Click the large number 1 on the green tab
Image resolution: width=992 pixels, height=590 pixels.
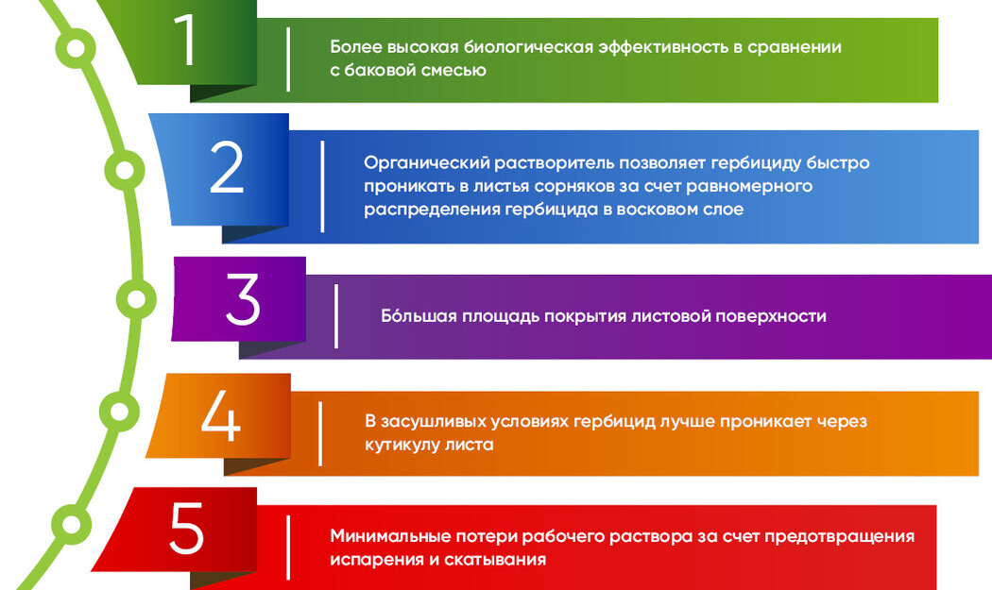click(x=184, y=40)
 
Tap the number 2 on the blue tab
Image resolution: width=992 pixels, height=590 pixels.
click(x=227, y=167)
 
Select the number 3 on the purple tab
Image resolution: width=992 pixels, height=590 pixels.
click(x=243, y=299)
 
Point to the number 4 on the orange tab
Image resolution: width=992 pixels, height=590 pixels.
click(x=221, y=414)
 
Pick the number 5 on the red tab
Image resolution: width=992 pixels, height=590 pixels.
click(x=186, y=529)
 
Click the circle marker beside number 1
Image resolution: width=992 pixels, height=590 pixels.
click(x=76, y=48)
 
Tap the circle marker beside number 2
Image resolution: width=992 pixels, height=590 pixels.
click(x=125, y=170)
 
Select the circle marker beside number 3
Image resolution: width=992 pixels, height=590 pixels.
click(x=136, y=298)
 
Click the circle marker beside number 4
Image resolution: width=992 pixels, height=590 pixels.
click(x=119, y=412)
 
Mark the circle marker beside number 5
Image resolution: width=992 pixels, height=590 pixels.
click(x=72, y=524)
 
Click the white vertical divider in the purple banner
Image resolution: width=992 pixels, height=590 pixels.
click(x=336, y=316)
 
